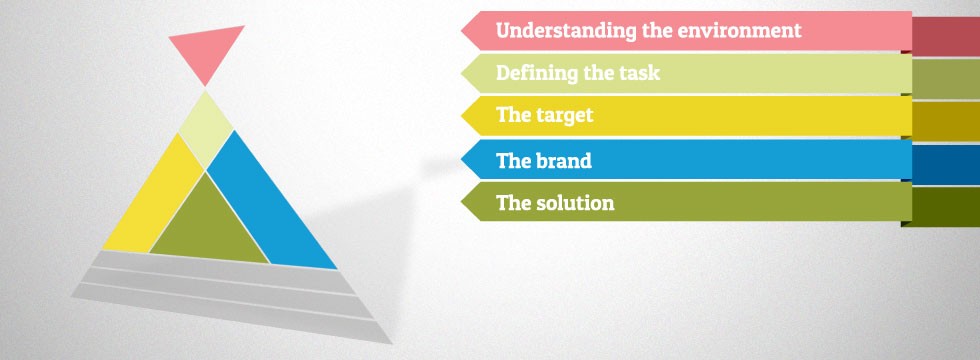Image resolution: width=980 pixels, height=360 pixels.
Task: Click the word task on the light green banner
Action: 639,73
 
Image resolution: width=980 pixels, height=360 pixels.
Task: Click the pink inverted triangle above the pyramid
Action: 206,51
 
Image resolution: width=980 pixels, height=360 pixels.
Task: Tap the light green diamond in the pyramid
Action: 206,130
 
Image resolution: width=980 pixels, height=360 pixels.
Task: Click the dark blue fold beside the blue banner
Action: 946,164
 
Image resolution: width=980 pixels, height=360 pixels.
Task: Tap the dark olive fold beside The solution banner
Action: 941,207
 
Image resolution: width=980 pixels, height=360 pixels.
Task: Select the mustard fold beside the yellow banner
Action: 946,121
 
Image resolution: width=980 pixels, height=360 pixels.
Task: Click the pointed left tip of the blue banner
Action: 462,159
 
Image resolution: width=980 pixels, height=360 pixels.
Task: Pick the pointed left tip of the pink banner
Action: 462,30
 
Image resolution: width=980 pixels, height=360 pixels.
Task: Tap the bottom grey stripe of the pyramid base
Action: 231,311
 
